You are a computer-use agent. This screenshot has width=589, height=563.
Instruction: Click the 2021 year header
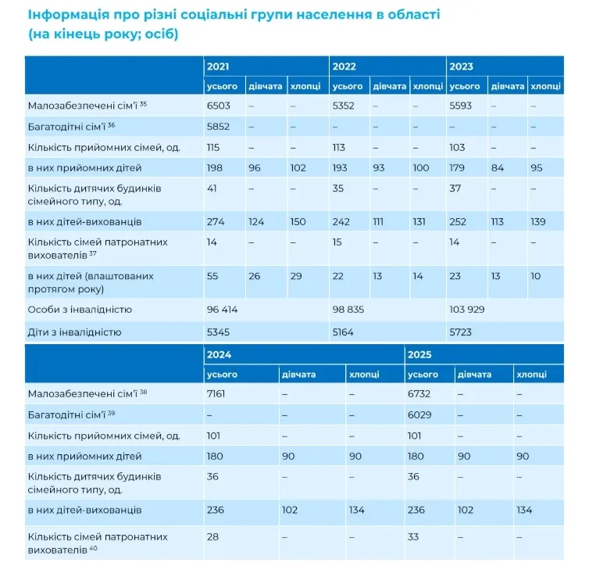pyautogui.click(x=218, y=66)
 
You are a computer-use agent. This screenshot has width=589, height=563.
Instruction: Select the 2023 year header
pyautogui.click(x=461, y=66)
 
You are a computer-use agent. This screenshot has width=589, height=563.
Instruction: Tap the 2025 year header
pyautogui.click(x=419, y=355)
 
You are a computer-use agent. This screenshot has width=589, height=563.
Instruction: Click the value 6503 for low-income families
pyautogui.click(x=218, y=106)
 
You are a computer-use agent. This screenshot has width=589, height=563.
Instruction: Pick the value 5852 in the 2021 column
pyautogui.click(x=218, y=127)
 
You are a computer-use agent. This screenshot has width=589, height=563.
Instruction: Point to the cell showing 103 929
pyautogui.click(x=467, y=310)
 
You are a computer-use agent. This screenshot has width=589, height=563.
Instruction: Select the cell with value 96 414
pyautogui.click(x=222, y=310)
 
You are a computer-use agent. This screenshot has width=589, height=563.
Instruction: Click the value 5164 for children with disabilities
pyautogui.click(x=343, y=332)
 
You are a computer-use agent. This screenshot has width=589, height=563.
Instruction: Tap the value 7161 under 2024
pyautogui.click(x=216, y=394)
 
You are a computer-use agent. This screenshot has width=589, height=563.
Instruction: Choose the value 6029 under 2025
pyautogui.click(x=419, y=415)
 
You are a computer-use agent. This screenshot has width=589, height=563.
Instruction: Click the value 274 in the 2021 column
pyautogui.click(x=216, y=222)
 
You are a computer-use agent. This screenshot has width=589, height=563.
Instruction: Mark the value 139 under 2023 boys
pyautogui.click(x=537, y=222)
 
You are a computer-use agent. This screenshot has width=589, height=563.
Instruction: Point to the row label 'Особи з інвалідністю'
pyautogui.click(x=80, y=310)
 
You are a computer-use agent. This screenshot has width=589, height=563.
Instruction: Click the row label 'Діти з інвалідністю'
pyautogui.click(x=74, y=332)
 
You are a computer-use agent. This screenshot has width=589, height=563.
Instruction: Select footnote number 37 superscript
pyautogui.click(x=93, y=253)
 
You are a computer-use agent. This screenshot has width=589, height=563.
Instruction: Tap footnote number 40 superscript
pyautogui.click(x=94, y=548)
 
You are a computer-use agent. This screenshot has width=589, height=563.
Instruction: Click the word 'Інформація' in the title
pyautogui.click(x=69, y=16)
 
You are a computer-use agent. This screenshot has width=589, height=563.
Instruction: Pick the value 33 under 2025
pyautogui.click(x=413, y=536)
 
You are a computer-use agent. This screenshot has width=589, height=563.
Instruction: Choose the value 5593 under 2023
pyautogui.click(x=460, y=106)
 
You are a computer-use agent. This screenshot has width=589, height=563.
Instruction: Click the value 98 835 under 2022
pyautogui.click(x=348, y=310)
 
